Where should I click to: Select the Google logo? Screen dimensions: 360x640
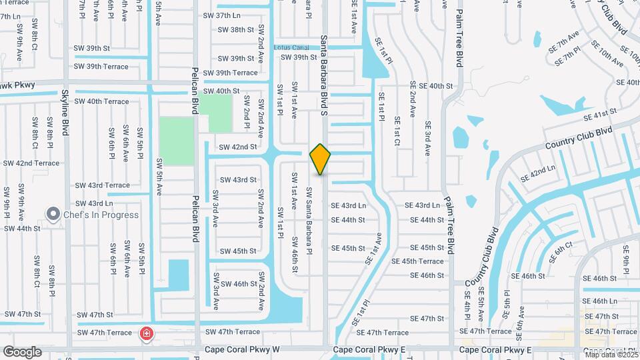[22, 352]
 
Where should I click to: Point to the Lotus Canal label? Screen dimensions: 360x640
[291, 47]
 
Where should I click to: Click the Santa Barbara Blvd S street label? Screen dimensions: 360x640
[324, 75]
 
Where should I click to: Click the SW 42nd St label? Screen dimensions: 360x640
[238, 147]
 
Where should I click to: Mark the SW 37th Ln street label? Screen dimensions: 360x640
[221, 15]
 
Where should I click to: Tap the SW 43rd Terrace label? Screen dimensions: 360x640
[102, 185]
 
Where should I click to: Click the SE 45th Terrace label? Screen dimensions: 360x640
[417, 261]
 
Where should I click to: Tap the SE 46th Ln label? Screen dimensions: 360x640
[604, 301]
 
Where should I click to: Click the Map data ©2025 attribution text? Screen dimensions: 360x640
[611, 355]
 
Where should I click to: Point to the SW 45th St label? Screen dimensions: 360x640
[238, 251]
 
